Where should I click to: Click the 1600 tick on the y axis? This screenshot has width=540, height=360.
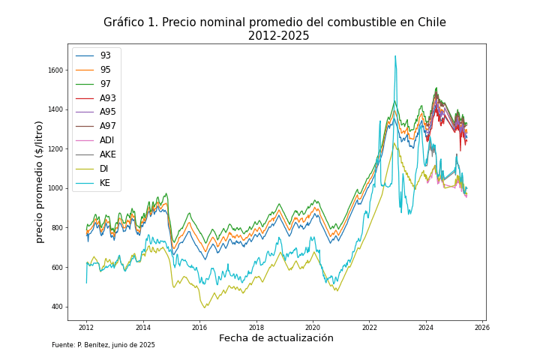click(x=55, y=70)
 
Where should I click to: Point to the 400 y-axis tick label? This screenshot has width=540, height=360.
click(x=56, y=307)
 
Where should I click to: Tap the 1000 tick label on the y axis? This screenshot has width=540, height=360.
click(x=55, y=188)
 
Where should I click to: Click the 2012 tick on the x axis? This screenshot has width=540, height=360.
click(x=86, y=328)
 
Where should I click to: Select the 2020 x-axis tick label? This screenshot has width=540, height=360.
click(x=313, y=328)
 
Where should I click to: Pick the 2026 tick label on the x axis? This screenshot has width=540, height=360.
click(x=482, y=328)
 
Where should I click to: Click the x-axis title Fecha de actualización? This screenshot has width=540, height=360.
click(x=276, y=338)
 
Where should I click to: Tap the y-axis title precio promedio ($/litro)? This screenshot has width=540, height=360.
click(x=40, y=181)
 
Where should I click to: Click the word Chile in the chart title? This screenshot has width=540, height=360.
click(x=430, y=22)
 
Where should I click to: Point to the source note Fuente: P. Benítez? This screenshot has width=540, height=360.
click(x=103, y=345)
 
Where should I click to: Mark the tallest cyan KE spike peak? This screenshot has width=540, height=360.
click(x=395, y=56)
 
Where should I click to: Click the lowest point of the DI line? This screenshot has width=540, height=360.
click(x=204, y=307)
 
